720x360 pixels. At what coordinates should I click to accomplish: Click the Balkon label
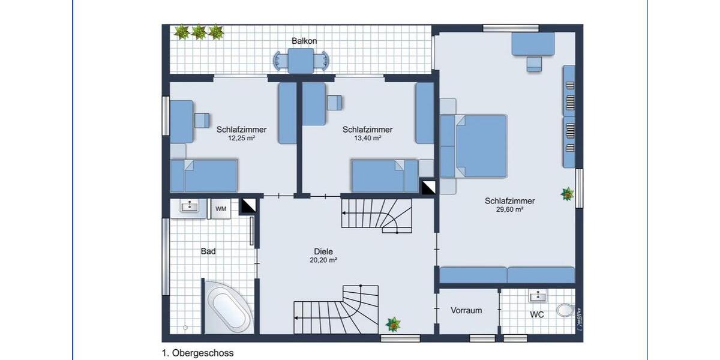(x=304, y=41)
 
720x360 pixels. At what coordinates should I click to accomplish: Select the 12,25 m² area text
(x=241, y=138)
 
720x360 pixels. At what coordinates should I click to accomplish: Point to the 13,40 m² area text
(x=367, y=138)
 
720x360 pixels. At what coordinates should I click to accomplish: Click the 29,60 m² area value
(x=509, y=210)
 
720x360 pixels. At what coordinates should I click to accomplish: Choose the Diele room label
(x=323, y=252)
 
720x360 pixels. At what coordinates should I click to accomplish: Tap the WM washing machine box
(x=221, y=209)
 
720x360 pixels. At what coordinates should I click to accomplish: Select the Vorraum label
(x=466, y=310)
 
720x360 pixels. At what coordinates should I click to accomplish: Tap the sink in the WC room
(x=538, y=295)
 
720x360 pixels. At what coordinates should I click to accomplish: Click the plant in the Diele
(x=393, y=325)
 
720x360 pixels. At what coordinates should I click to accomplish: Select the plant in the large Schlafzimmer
(x=566, y=194)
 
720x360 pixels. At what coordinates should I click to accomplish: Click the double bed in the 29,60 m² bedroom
(x=480, y=146)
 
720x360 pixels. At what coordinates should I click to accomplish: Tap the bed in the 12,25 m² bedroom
(x=204, y=175)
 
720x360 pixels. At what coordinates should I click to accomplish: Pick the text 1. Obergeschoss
(x=197, y=353)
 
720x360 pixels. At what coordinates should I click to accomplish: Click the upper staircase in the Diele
(x=377, y=215)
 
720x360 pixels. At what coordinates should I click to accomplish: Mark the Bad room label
(x=208, y=251)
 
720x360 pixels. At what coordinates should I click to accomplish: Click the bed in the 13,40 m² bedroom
(x=384, y=175)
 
